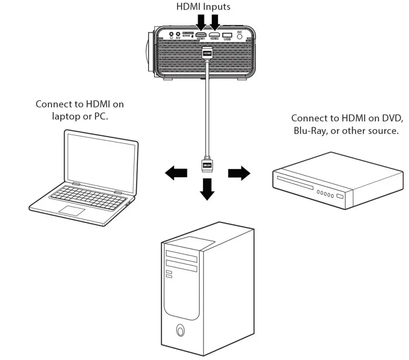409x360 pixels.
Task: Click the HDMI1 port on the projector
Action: (200, 35)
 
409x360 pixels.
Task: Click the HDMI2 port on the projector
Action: (214, 35)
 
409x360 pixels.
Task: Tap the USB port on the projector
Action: (227, 35)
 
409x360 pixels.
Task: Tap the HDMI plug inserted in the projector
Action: (208, 54)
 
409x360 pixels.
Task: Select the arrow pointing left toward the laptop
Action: (176, 174)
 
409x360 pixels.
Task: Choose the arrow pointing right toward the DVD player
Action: (239, 174)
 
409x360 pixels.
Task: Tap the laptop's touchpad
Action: (71, 211)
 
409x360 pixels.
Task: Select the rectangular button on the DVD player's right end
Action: (340, 197)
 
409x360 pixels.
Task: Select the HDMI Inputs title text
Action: (204, 7)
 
